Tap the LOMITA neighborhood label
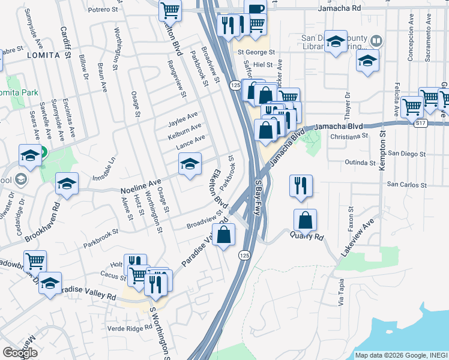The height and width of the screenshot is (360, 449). pos(43,55)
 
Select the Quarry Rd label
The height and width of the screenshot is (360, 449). pos(308,236)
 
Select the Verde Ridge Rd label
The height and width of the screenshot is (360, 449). pos(130,328)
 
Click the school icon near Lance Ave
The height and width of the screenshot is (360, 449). pos(190,163)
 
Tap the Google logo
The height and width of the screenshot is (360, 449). pos(20,353)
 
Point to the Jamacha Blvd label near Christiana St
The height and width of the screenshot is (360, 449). pos(339,127)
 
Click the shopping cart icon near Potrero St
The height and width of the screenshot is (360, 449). pos(170,10)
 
